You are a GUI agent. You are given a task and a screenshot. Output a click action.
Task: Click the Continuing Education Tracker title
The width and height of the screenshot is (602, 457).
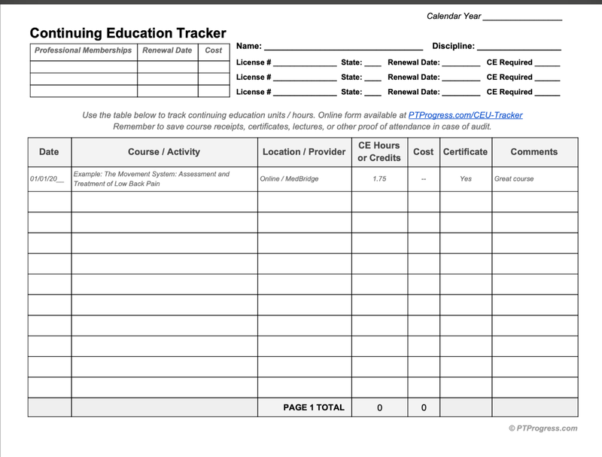(x=128, y=33)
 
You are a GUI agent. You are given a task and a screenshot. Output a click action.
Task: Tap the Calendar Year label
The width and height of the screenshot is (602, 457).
(x=454, y=16)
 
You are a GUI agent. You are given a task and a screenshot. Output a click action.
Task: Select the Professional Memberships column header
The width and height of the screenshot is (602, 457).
(x=84, y=50)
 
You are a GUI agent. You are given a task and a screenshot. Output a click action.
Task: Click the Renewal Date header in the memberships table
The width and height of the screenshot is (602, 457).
(x=167, y=50)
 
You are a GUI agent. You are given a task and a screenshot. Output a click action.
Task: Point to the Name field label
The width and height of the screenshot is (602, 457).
(x=249, y=46)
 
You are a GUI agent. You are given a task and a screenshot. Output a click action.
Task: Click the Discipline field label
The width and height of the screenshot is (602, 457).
(x=453, y=46)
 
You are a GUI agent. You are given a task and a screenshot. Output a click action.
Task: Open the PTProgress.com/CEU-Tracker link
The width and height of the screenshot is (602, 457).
(x=465, y=115)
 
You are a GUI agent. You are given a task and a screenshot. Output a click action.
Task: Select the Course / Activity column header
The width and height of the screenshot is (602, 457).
(x=164, y=151)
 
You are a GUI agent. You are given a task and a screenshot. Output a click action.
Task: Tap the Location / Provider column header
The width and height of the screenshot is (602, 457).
(x=304, y=151)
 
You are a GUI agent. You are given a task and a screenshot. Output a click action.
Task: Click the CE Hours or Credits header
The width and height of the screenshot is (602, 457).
(x=379, y=151)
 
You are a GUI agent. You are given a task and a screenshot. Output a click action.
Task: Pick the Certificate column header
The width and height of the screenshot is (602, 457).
(x=465, y=151)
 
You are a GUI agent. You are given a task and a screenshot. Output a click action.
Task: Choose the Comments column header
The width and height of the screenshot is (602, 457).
(x=534, y=151)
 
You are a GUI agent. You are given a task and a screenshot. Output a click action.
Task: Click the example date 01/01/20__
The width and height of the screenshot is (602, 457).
(x=47, y=179)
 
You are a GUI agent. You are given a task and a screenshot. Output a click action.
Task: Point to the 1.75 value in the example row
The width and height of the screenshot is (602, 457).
(x=379, y=179)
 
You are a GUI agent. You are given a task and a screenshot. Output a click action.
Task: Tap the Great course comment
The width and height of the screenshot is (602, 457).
(x=514, y=179)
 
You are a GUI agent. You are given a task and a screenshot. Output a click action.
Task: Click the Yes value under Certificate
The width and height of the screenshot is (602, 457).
(x=466, y=179)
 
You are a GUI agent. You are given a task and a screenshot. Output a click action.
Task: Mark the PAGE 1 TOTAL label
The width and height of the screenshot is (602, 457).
(x=314, y=407)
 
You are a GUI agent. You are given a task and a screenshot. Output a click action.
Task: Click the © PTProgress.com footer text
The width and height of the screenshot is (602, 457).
(x=543, y=428)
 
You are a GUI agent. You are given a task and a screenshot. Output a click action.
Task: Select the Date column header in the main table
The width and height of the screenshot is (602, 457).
(x=49, y=151)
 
